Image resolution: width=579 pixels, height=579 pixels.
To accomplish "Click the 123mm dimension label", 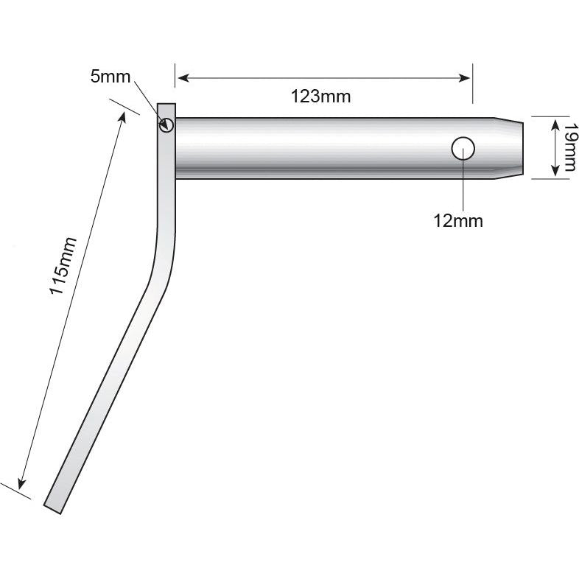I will point(321,96).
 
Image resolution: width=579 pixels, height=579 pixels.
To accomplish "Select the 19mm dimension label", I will point(568,147).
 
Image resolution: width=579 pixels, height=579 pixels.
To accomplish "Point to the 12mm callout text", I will point(458,220).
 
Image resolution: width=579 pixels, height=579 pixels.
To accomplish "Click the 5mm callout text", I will point(110,77).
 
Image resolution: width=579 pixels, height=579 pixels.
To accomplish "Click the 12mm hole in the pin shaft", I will point(463,149).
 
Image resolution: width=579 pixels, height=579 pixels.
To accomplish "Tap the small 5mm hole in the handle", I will point(166,124).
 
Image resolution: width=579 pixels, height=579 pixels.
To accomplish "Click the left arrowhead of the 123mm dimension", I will point(181,77).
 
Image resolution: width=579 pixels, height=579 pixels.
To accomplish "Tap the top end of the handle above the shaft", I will point(166,108).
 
